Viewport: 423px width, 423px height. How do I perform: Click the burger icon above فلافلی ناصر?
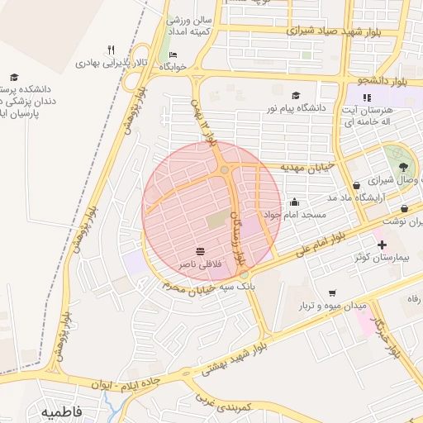point(200,250)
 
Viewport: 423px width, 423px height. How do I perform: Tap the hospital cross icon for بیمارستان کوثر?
point(381,245)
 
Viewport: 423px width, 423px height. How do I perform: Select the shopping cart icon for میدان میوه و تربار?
point(332,292)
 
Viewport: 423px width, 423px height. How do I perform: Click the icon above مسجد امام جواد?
point(294,202)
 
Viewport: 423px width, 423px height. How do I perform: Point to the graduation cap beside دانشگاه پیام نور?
point(297,96)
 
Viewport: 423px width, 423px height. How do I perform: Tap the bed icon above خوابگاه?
point(172,55)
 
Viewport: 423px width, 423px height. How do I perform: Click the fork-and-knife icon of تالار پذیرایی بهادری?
point(111,49)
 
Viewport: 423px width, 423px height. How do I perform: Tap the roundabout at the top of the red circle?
point(224,170)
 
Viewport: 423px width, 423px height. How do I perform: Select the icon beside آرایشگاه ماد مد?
point(356,185)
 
